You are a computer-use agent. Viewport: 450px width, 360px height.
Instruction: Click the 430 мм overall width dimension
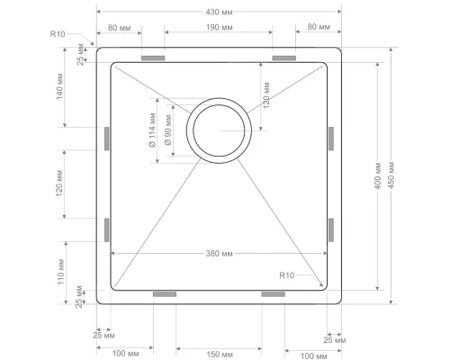219,12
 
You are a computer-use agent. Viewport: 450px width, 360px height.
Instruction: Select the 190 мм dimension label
219,28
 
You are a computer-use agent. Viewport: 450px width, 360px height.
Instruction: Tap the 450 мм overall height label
391,175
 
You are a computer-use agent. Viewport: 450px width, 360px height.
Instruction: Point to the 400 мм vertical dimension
378,176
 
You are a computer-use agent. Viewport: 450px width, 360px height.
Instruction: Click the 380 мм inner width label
219,254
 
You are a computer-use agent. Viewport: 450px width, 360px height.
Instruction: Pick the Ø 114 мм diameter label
153,130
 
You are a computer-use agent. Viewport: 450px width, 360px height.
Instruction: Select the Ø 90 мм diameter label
168,130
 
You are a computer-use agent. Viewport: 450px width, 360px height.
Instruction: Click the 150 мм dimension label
220,355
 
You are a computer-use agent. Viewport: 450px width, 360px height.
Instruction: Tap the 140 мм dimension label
59,86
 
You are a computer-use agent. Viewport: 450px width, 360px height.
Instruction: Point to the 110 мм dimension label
61,272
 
